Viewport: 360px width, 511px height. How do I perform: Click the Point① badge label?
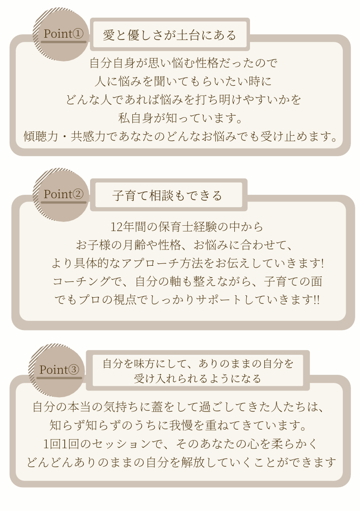point(63,33)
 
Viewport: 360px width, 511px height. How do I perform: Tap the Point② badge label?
point(63,194)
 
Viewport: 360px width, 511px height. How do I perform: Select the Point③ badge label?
point(59,370)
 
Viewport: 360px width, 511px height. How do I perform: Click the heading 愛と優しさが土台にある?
point(170,35)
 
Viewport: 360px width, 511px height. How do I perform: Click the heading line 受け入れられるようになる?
point(198,378)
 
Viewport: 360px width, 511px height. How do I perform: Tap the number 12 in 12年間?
point(116,227)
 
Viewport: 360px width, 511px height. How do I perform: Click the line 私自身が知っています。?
point(180,118)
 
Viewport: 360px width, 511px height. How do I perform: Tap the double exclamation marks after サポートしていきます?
point(316,300)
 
